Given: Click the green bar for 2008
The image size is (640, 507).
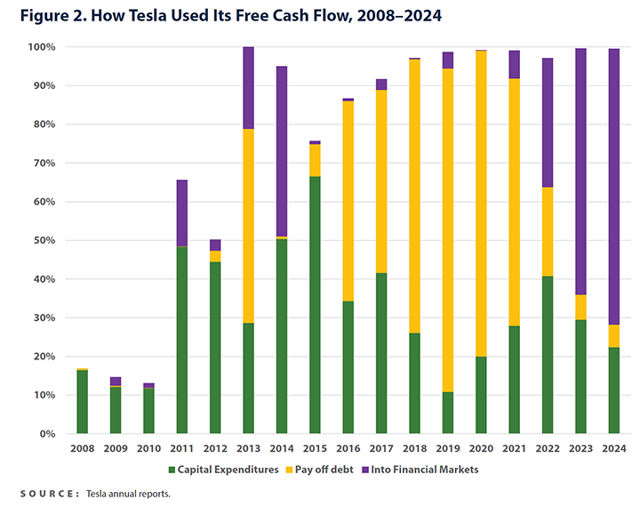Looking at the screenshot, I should (82, 401).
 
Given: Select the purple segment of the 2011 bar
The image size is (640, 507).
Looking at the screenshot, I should (181, 213).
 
